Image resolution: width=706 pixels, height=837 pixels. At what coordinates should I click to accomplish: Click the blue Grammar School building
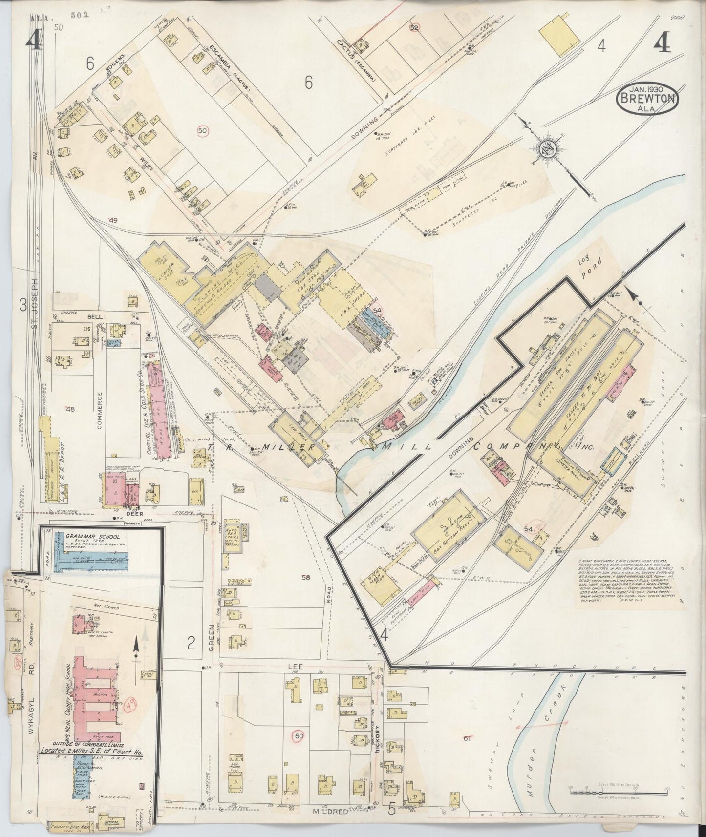90,558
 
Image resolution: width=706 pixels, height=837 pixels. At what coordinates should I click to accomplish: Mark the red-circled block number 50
203,130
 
